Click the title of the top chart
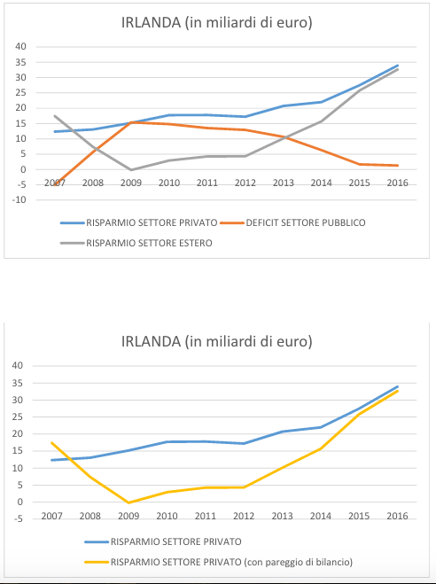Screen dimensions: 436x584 [x=217, y=23]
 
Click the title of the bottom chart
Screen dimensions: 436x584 [x=217, y=341]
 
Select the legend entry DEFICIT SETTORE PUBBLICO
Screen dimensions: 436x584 [x=292, y=222]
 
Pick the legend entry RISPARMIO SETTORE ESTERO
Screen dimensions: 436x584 [x=136, y=243]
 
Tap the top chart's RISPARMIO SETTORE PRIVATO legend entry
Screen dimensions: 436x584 [x=139, y=222]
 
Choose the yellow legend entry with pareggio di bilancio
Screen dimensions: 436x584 [x=219, y=562]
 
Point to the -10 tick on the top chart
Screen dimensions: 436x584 [x=21, y=200]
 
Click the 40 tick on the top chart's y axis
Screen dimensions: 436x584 [x=21, y=47]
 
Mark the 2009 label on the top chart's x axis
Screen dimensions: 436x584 [x=131, y=183]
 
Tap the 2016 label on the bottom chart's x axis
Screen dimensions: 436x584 [x=398, y=516]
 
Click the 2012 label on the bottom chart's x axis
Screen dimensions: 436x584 [x=244, y=516]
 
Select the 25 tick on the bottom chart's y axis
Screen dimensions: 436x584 [x=17, y=417]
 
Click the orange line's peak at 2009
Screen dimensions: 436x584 [x=131, y=122]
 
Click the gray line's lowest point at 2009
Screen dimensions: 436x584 [x=131, y=170]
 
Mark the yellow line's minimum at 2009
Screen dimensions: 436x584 [x=128, y=502]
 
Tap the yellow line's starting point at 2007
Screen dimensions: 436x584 [x=51, y=443]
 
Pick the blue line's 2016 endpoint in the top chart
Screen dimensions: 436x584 [x=398, y=66]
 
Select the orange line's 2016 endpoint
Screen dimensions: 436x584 [x=398, y=166]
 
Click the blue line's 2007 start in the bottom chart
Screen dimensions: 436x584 [x=51, y=460]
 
